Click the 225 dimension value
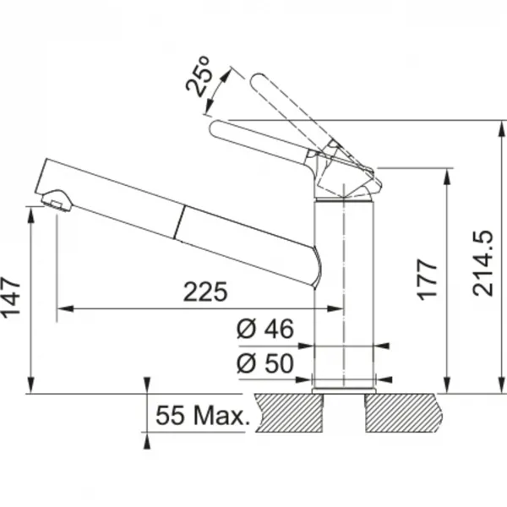pos(205,292)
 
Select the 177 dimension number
pos(427,280)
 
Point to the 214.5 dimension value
pos(482,263)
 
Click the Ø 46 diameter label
pos(265,329)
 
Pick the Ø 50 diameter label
pos(265,363)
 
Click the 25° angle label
pos(199,77)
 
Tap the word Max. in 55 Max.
pos(221,415)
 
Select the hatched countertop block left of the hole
pos(289,412)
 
